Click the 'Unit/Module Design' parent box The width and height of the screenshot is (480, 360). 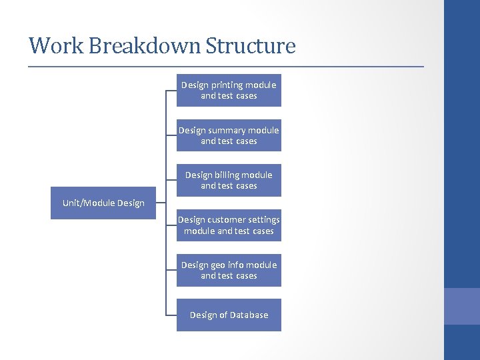click(x=103, y=203)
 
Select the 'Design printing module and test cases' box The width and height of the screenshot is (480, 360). click(x=229, y=90)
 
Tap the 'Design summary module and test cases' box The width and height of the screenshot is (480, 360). click(x=229, y=135)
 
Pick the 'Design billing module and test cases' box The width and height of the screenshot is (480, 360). click(x=229, y=180)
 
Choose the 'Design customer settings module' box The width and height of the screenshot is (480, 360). click(x=229, y=225)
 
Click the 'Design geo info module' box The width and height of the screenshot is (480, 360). click(x=229, y=270)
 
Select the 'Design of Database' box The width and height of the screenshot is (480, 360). click(x=229, y=315)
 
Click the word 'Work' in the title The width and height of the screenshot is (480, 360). click(x=56, y=46)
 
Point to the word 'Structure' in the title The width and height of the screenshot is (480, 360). click(x=250, y=46)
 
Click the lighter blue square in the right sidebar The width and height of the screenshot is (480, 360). click(x=462, y=306)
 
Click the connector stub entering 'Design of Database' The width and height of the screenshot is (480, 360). click(x=171, y=315)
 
